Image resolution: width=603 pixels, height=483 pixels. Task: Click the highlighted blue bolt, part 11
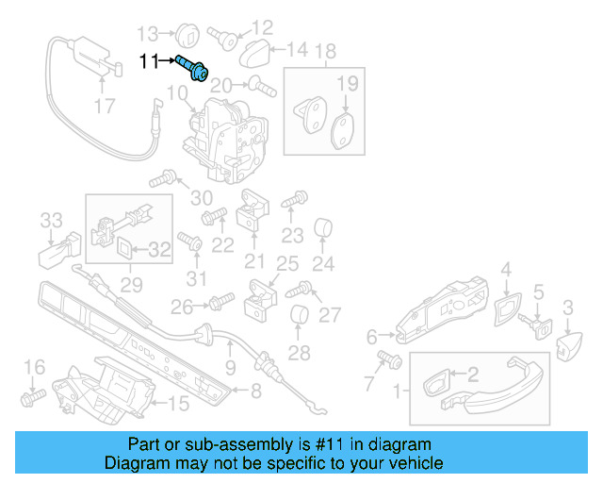coord(195,69)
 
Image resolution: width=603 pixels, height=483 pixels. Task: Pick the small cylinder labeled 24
coord(323,227)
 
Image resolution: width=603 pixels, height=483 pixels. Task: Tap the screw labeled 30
coord(170,176)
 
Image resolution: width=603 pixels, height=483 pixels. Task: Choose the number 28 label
coord(299,354)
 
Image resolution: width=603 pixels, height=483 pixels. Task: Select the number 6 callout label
coord(371,336)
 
